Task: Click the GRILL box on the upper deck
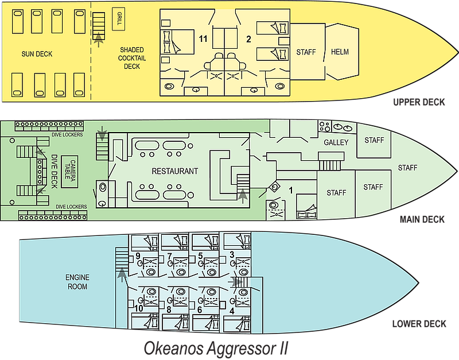[119, 19]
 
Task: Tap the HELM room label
[340, 52]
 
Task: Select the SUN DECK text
[37, 54]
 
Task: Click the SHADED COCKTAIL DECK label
[132, 58]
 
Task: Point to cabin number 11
[203, 38]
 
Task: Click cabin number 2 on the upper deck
[248, 39]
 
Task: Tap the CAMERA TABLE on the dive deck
[69, 172]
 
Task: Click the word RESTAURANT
[175, 171]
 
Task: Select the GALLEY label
[336, 142]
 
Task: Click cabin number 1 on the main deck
[291, 191]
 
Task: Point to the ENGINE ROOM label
[77, 282]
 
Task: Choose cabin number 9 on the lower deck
[138, 256]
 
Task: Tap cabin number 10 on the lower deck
[139, 308]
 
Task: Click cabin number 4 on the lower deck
[232, 311]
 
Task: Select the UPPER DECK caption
[419, 102]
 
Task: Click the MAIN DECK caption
[422, 219]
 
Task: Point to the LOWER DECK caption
[419, 324]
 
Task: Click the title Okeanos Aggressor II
[216, 349]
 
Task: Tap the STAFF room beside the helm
[306, 52]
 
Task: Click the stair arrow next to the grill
[99, 39]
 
